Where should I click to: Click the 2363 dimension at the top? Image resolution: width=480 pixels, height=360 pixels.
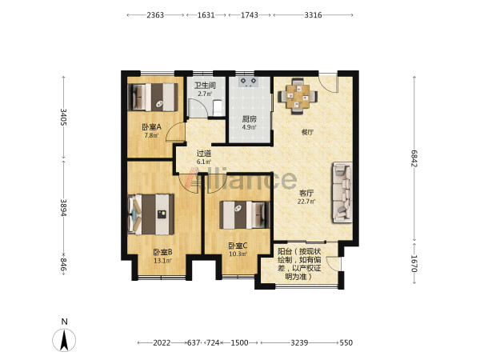(155, 15)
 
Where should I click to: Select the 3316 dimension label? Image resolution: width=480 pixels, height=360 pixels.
(313, 15)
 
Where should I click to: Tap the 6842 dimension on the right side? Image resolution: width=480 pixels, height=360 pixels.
(414, 158)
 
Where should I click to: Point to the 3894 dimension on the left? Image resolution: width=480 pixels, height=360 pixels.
(64, 207)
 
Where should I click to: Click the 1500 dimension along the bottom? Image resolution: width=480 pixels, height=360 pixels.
(239, 342)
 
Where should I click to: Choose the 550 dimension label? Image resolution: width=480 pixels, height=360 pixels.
(346, 342)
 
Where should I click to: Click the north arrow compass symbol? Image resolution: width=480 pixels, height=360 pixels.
(64, 339)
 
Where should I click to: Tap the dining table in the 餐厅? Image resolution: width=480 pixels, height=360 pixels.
(298, 97)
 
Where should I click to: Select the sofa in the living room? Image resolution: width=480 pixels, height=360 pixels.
(342, 193)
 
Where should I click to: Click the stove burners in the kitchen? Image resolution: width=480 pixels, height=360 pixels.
(248, 82)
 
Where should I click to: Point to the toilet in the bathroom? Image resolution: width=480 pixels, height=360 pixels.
(218, 108)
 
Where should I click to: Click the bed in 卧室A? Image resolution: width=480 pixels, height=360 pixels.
(153, 97)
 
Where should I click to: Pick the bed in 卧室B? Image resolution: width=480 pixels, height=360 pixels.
(151, 214)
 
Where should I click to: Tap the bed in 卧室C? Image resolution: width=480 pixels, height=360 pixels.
(245, 215)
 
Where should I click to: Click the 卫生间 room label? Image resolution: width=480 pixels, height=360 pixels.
(205, 86)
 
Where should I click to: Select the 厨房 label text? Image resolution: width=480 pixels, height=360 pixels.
(249, 118)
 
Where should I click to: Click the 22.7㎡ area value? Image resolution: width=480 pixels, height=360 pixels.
(306, 202)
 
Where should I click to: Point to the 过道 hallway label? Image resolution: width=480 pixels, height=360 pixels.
(203, 154)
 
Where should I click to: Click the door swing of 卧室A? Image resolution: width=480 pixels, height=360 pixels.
(175, 132)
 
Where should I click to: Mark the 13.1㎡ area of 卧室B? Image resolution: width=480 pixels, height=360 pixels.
(162, 261)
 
